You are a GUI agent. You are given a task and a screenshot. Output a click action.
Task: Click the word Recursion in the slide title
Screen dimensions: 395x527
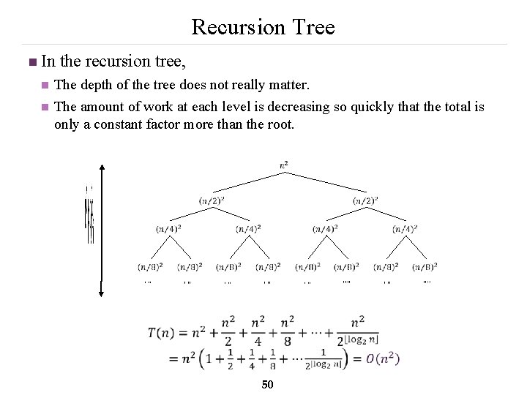coord(232,28)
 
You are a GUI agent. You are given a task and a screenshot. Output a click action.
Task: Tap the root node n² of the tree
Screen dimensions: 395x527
coord(284,165)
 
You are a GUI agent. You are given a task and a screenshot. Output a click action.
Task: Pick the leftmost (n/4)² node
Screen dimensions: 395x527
coord(169,228)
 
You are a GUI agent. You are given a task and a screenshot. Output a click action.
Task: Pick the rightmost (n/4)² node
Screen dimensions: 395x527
coord(405,228)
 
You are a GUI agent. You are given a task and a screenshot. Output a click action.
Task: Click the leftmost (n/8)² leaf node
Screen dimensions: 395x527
coord(149,266)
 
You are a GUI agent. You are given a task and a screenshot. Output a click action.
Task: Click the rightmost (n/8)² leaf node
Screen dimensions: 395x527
coord(425,266)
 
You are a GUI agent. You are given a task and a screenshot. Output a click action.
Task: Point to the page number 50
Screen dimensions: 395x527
coord(267,385)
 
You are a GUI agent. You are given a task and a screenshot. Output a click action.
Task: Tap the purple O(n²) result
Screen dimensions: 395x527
coord(382,358)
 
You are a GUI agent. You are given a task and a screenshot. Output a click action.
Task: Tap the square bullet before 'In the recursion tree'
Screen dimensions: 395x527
coord(29,61)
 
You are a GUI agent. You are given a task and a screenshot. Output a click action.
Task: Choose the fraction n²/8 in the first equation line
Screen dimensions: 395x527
coord(289,332)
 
